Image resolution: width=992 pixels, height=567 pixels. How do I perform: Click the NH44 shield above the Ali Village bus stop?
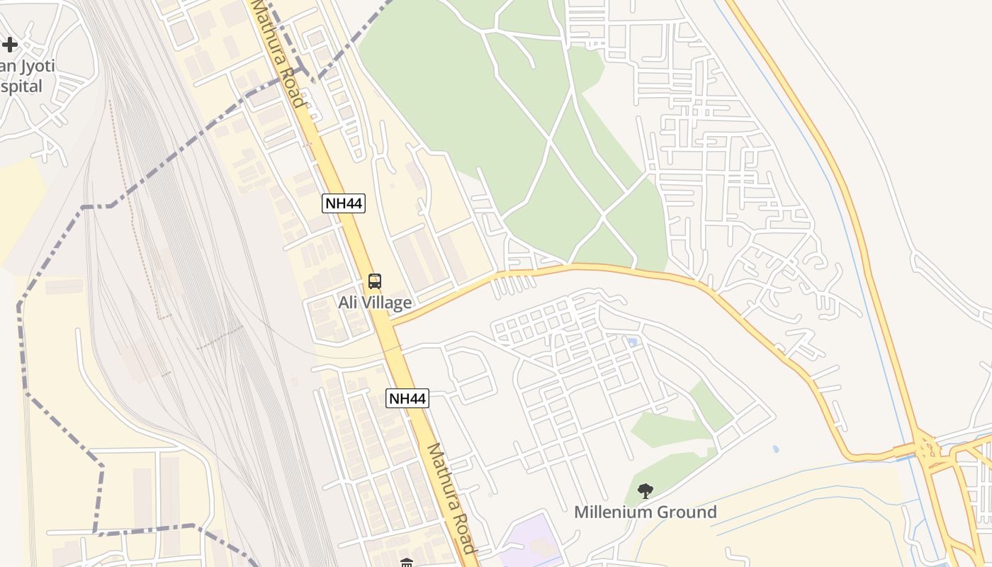click(344, 203)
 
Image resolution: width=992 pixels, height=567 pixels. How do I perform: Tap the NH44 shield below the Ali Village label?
click(407, 398)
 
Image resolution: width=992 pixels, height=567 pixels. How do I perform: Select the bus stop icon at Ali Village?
click(375, 281)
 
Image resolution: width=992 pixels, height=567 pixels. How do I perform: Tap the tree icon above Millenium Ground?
click(645, 490)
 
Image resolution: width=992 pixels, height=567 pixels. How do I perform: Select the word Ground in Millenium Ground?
click(689, 512)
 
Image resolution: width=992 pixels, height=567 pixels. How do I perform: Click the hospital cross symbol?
click(9, 45)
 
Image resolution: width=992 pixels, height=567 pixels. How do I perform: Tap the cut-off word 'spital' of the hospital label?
click(21, 86)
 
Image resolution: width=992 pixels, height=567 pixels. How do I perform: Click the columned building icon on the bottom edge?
click(407, 563)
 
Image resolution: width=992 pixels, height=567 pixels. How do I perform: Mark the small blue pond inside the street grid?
click(632, 342)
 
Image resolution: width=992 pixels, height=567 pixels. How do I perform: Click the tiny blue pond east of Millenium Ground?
click(776, 449)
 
